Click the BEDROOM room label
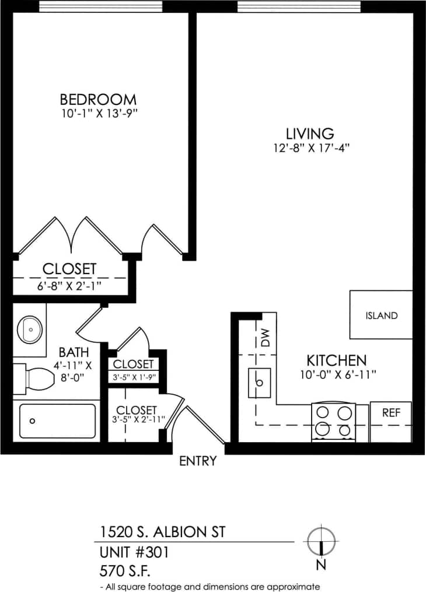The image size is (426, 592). pyautogui.click(x=98, y=99)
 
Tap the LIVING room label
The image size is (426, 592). pyautogui.click(x=309, y=133)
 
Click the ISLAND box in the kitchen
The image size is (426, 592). pyautogui.click(x=381, y=315)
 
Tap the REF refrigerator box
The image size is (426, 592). pyautogui.click(x=390, y=412)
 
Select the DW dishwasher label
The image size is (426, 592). pyautogui.click(x=266, y=337)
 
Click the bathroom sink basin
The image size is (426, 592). pyautogui.click(x=29, y=330)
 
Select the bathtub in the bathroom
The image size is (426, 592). pyautogui.click(x=57, y=421)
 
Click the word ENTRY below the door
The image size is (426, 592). pyautogui.click(x=197, y=461)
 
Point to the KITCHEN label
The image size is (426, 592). pyautogui.click(x=337, y=360)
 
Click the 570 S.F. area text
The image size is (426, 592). pyautogui.click(x=125, y=570)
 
